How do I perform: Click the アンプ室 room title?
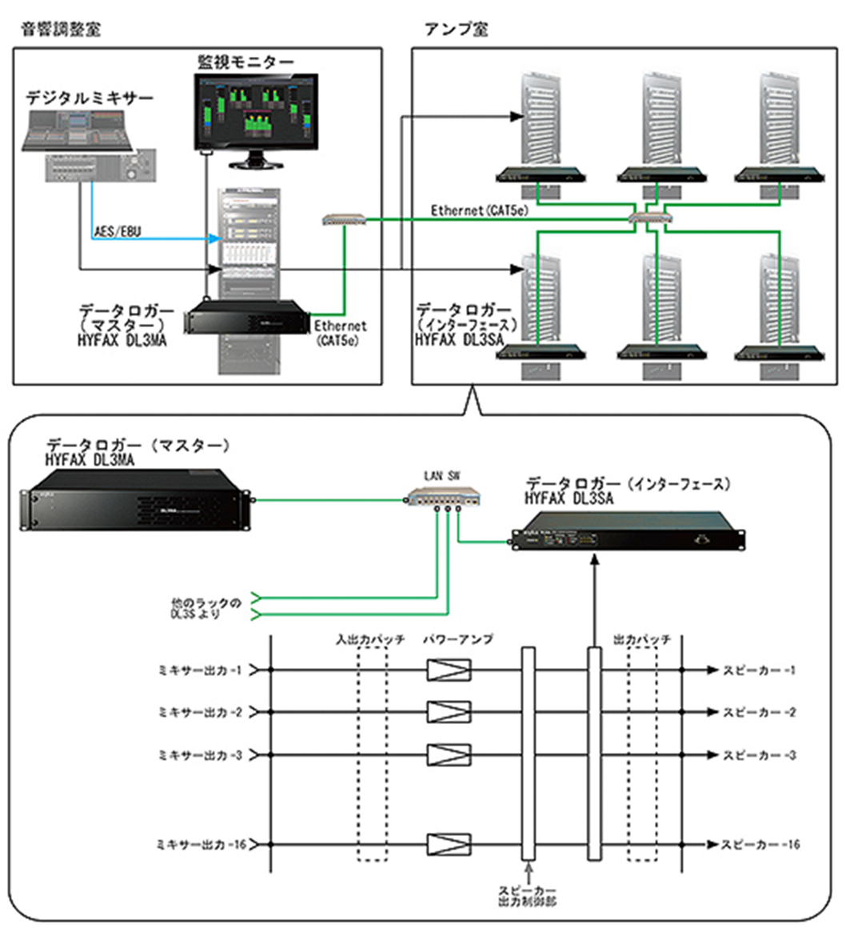456,30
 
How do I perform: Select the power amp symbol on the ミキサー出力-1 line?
449,669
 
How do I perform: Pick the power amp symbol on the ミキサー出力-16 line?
449,844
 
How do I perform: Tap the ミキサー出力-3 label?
200,754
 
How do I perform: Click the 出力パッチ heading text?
641,640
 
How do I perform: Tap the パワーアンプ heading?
457,640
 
